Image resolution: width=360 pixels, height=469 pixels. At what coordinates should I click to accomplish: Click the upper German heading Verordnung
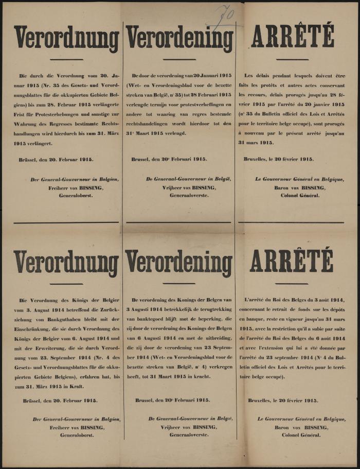point(67,38)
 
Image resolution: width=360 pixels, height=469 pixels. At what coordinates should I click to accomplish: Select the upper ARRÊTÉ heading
point(292,36)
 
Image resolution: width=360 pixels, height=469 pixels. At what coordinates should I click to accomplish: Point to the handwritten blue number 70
point(223,14)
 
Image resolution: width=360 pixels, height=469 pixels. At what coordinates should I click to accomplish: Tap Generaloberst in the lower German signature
point(76,435)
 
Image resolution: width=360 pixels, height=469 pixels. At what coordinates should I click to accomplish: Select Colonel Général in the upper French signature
point(300,196)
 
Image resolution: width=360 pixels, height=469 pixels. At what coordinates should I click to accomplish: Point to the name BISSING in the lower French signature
point(313,427)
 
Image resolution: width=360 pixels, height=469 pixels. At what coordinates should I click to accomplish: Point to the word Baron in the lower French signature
point(283,427)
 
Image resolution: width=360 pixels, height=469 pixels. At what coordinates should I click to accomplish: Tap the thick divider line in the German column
point(67,222)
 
